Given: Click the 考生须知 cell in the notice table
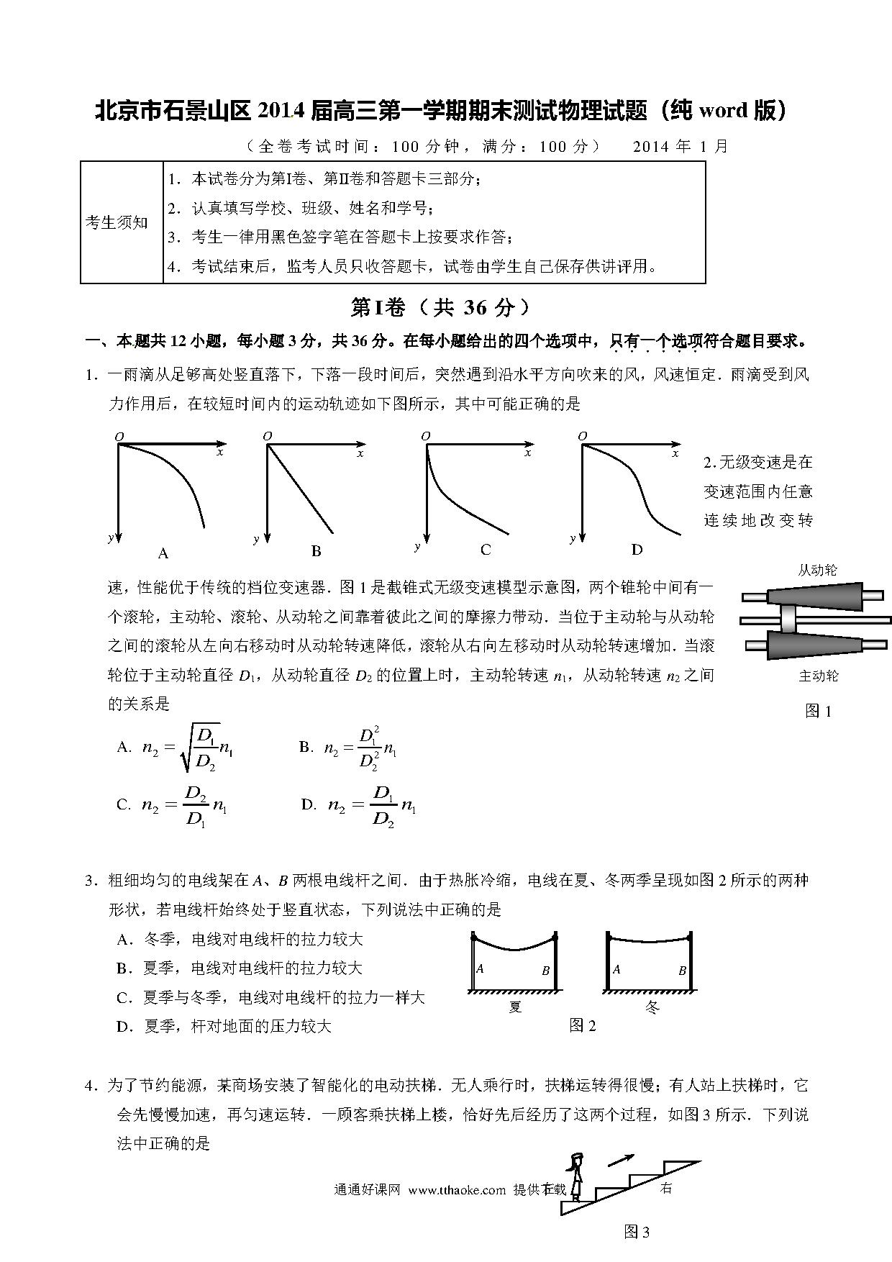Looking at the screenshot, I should coord(117,222).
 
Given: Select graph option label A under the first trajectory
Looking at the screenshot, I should coord(163,553).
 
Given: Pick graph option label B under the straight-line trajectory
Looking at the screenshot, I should coord(316,552).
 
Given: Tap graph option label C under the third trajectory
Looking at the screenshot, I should coord(486,550).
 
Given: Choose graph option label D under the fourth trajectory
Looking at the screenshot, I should coord(637,550).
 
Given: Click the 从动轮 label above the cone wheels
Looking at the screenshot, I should coord(817,570).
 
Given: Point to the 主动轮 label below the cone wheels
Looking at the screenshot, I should coord(819,676).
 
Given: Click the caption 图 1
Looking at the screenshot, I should coord(818,712).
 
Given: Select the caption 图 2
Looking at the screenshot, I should coord(582,1025).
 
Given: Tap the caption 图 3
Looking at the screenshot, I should coord(637,1232).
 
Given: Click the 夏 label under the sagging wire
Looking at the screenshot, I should coord(515,1007).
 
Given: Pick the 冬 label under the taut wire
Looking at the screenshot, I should coord(651,1007).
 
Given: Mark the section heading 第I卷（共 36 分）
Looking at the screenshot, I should coord(440,307).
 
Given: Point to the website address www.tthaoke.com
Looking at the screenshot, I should coord(457,1190).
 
